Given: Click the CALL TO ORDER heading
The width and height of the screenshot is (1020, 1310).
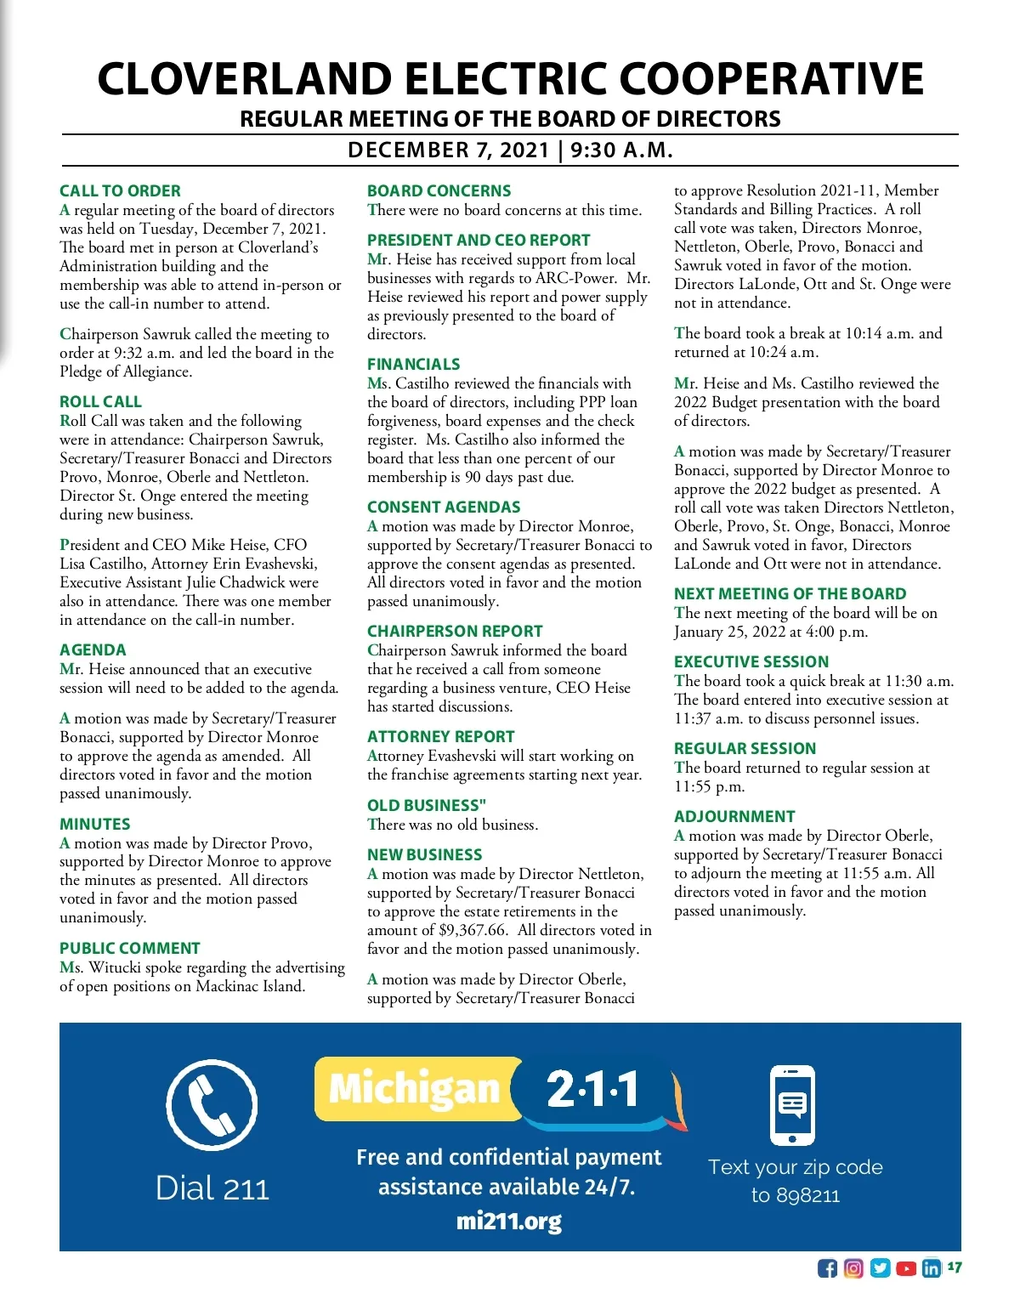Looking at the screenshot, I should [x=120, y=191].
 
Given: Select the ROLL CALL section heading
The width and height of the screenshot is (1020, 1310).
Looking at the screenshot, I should [x=100, y=402].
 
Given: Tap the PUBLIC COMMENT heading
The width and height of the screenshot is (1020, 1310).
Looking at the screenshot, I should [x=129, y=949].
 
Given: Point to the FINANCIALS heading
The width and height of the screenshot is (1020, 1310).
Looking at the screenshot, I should [x=413, y=365].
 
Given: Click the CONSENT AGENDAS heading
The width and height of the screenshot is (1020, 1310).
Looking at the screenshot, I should [x=444, y=508].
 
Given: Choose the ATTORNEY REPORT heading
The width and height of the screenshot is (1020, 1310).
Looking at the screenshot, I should [x=440, y=737].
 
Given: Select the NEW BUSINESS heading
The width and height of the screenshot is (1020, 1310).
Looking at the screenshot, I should [x=424, y=855].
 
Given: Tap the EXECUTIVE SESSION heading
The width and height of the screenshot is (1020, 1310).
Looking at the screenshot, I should [x=751, y=662].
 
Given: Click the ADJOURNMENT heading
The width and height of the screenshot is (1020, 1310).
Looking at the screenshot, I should [x=734, y=817].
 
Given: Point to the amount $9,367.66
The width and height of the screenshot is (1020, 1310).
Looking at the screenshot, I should [x=473, y=930].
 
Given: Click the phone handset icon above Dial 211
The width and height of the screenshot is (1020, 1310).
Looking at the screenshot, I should [x=212, y=1104].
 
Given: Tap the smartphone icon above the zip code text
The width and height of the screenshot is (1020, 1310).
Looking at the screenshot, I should [x=792, y=1105].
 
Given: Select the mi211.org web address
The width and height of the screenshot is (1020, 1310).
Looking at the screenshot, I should [x=508, y=1222].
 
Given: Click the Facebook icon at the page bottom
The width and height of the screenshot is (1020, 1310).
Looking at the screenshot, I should [x=827, y=1268].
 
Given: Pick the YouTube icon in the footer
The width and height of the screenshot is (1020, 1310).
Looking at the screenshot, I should [x=906, y=1268].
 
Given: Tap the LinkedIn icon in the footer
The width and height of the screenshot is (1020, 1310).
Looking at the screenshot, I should [x=932, y=1268].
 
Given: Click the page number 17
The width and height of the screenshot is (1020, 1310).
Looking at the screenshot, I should [x=955, y=1267].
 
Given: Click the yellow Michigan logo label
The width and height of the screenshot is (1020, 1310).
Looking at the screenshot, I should [x=414, y=1089].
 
